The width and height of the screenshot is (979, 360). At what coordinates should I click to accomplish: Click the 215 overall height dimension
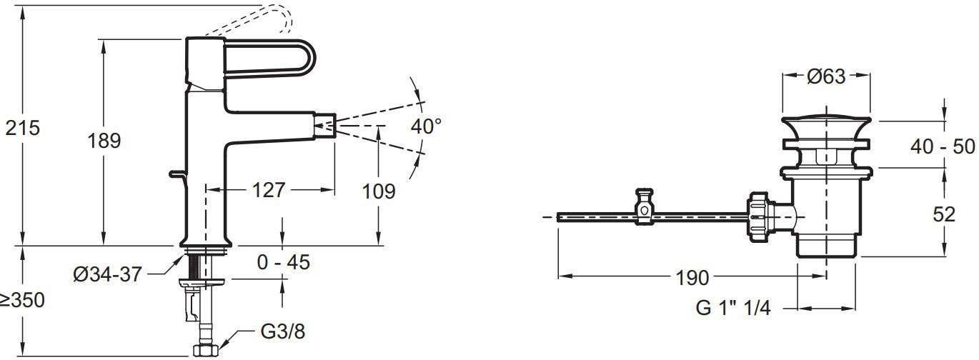coord(22,128)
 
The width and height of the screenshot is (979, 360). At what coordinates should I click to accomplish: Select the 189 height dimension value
coord(104,141)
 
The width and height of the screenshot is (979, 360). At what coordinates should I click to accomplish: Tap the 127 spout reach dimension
coord(269,190)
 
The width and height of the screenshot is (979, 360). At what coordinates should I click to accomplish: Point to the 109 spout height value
coord(379,191)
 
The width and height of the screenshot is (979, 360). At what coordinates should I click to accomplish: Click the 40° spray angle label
coord(426,126)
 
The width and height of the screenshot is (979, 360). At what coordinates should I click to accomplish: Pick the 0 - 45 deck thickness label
coord(284,262)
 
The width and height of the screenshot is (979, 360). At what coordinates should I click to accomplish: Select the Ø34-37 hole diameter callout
coord(107,274)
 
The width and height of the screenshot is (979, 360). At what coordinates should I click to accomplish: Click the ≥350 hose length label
coord(22,300)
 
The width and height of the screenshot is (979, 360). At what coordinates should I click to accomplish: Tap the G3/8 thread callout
coord(283,331)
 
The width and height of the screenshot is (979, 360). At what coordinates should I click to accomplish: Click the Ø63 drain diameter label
coord(826,76)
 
